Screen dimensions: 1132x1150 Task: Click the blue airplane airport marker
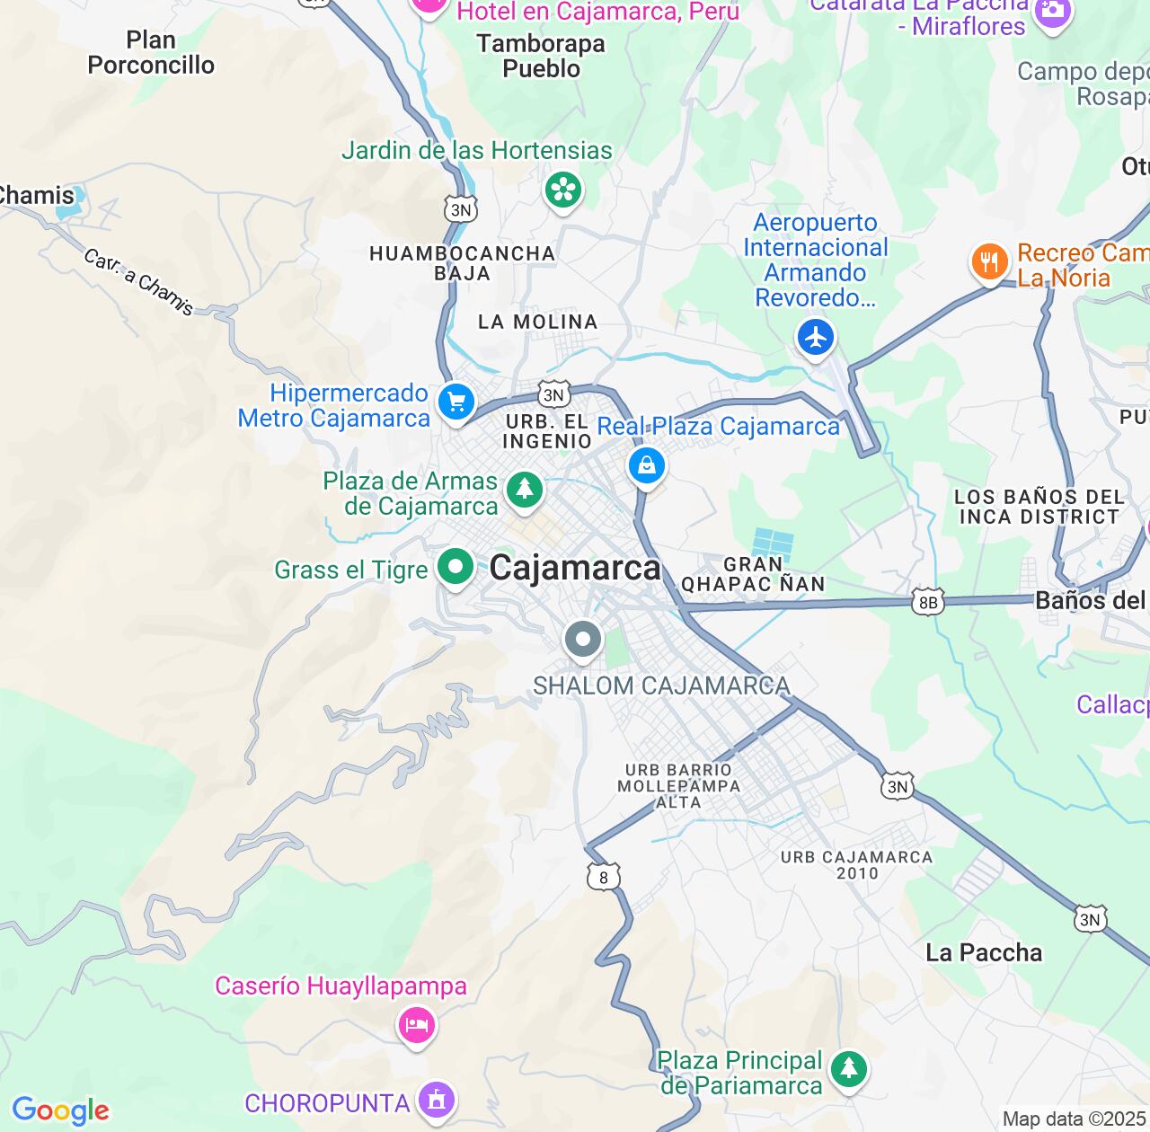tap(816, 338)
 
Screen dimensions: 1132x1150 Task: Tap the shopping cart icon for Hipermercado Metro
tap(456, 402)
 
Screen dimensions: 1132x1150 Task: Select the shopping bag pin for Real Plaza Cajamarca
tap(646, 465)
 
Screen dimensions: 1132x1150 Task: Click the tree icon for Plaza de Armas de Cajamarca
tap(525, 490)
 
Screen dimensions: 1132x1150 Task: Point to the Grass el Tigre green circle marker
tap(456, 567)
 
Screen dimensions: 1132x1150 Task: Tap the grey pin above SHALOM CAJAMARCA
tap(583, 641)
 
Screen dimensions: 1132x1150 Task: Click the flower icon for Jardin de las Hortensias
tap(563, 190)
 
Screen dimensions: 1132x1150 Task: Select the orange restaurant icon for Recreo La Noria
tap(989, 262)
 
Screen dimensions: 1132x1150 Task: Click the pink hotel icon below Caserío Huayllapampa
tap(417, 1024)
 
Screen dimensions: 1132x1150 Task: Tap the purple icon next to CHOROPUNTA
tap(437, 1099)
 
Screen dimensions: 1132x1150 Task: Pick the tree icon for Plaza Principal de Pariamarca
tap(848, 1069)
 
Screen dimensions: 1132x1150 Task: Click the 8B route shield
tap(928, 603)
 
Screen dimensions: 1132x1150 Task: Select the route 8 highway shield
tap(603, 878)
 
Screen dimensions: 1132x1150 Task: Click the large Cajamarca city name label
tap(575, 568)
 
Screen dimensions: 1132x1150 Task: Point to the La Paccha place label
tap(984, 952)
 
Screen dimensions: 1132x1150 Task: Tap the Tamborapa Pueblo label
tap(541, 56)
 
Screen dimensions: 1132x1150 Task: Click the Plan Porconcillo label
tap(151, 53)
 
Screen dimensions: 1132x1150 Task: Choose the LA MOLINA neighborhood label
tap(537, 322)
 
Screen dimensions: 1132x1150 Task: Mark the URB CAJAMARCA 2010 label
tap(856, 864)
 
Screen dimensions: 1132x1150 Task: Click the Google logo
tap(60, 1110)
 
